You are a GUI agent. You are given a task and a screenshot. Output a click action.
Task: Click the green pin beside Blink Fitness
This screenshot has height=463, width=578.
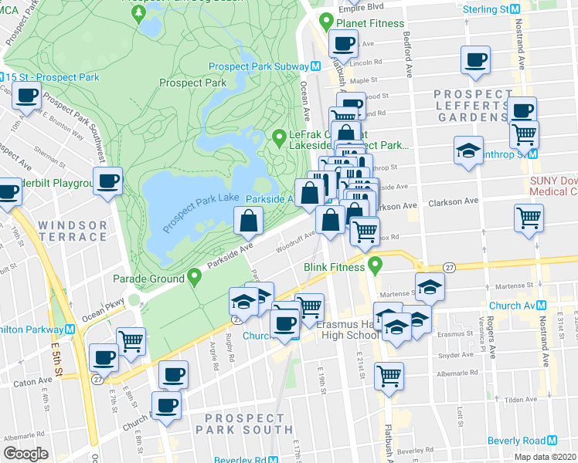376,267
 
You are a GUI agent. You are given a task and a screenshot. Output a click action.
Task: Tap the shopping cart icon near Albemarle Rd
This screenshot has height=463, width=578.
389,376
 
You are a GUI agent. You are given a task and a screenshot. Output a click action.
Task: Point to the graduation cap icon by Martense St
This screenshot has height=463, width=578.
430,287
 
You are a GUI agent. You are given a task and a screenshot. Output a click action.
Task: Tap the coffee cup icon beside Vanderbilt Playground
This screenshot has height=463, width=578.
109,181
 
